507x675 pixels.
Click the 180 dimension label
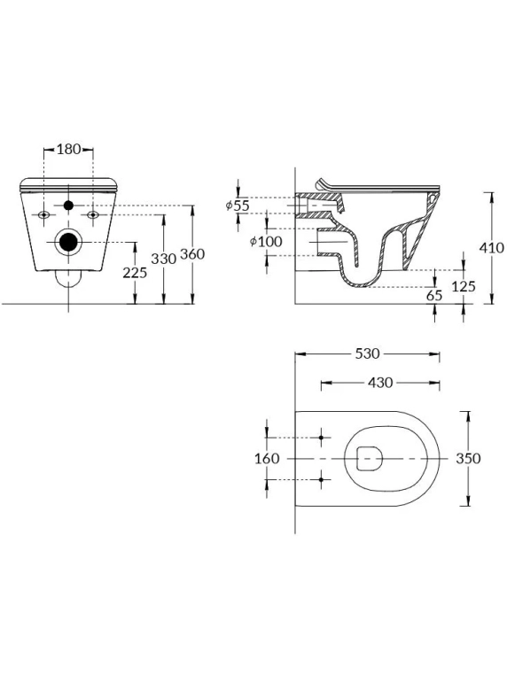[69, 150]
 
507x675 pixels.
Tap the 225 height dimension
[135, 273]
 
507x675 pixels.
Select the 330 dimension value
[164, 259]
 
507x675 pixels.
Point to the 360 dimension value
[192, 254]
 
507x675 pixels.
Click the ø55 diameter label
[238, 206]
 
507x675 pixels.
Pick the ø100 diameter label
[266, 242]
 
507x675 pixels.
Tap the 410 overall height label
[492, 247]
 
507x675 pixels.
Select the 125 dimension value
[464, 286]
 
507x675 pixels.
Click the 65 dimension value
[434, 295]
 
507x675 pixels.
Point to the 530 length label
[368, 353]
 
